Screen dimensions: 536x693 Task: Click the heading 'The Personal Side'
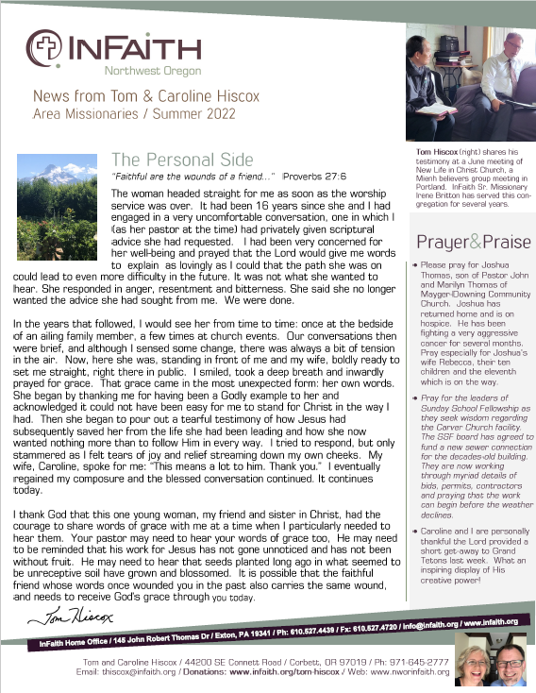182,159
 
